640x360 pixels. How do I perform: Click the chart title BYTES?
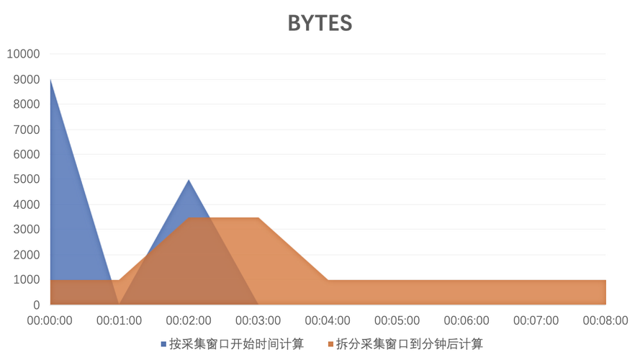[320, 24]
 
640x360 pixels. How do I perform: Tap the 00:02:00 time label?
[189, 318]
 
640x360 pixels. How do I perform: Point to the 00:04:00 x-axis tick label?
[328, 318]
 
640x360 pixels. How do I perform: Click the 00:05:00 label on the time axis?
[398, 318]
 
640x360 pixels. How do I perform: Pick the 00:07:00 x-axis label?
[538, 318]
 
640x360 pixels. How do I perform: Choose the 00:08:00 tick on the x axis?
[607, 318]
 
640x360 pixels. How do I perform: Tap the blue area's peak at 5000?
[189, 179]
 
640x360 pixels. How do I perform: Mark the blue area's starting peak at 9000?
[50, 79]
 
